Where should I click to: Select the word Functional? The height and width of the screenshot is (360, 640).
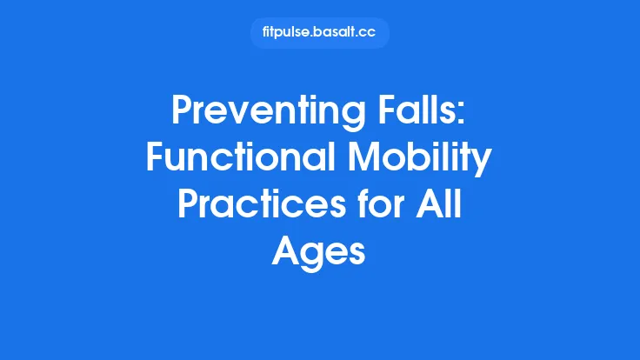[x=239, y=158]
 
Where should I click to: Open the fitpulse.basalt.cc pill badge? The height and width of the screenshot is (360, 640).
[x=319, y=33]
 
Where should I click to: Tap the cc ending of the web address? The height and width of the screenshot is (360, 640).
[x=368, y=33]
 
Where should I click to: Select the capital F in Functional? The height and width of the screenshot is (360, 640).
[x=157, y=158]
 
